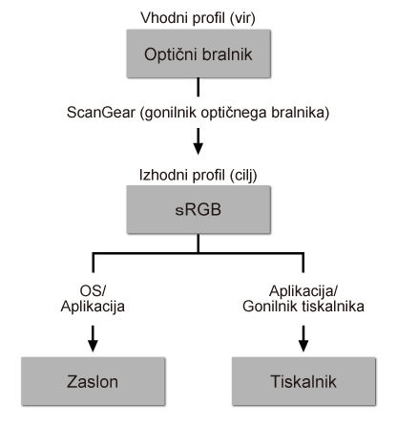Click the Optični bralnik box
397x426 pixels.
(x=198, y=56)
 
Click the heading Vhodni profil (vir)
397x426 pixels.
(x=198, y=17)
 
